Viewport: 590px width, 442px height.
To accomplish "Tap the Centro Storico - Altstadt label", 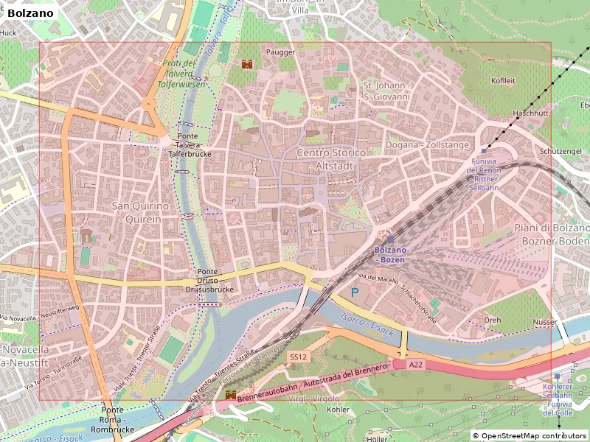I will [330, 158].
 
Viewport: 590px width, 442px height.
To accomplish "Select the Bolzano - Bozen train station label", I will [390, 255].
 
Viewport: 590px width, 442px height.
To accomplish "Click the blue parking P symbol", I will [355, 292].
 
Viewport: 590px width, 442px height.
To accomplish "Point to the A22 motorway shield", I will [416, 364].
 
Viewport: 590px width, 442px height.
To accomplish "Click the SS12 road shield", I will [298, 357].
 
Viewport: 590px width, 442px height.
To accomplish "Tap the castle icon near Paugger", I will [247, 65].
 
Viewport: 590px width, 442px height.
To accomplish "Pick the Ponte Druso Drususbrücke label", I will [209, 281].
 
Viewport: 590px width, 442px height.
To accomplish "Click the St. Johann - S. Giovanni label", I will [386, 91].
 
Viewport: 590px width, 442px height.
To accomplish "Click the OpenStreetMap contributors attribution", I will [529, 435].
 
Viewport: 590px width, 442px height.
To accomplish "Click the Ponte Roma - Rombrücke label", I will [112, 419].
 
